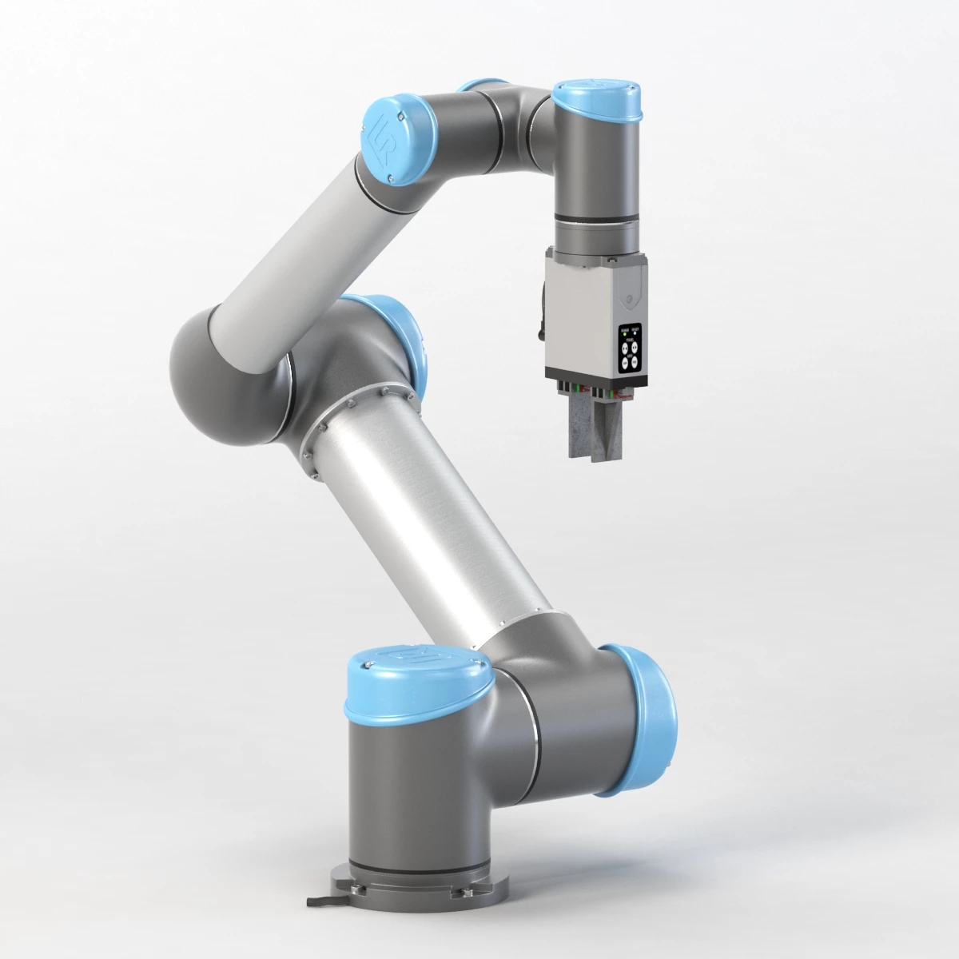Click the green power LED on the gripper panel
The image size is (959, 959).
click(624, 334)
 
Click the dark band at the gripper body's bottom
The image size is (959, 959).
click(595, 379)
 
